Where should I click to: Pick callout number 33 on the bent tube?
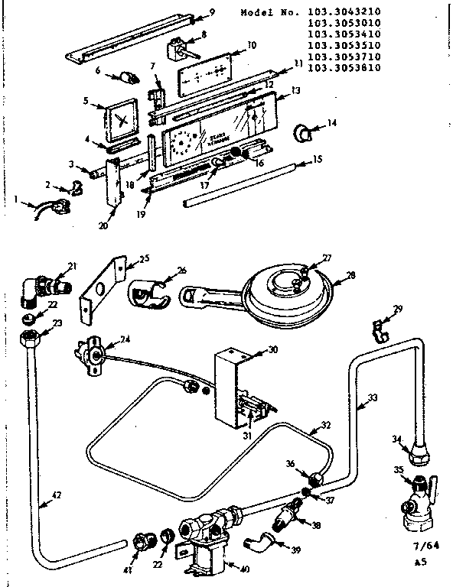(x=373, y=398)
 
